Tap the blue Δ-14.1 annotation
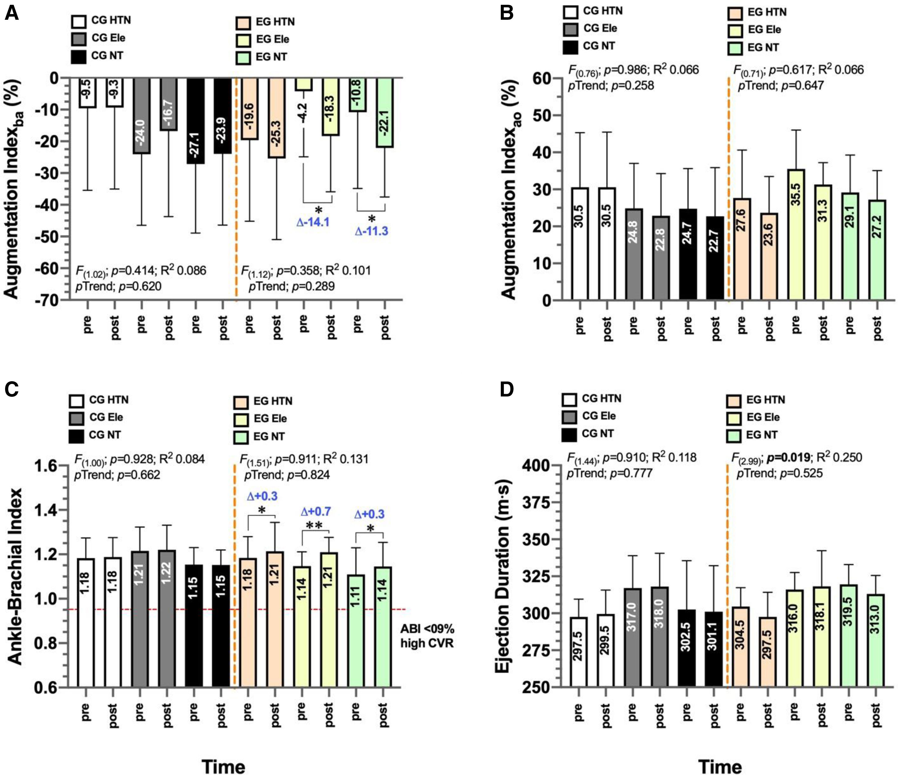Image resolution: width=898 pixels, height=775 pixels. (x=313, y=223)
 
